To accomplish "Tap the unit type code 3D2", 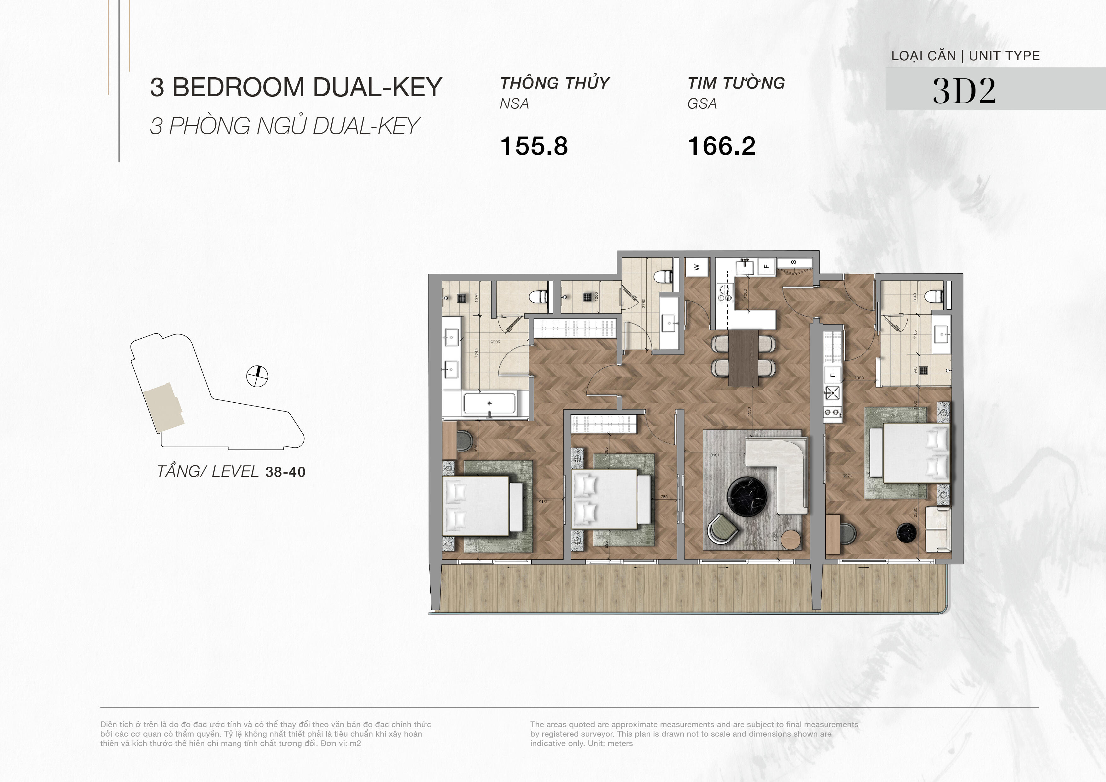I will coord(964,90).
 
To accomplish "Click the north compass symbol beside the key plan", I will coord(257,376).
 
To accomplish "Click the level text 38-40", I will coord(285,472).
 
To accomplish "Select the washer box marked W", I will coord(696,267).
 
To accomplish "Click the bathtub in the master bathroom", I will coord(489,403).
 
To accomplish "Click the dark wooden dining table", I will coord(743,358).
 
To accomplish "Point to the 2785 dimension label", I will coord(643,303).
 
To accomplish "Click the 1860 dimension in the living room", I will coord(714,454).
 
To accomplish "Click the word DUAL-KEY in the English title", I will coord(377,88).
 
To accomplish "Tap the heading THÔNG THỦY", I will coord(555,83).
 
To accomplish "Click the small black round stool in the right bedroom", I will coord(903,532).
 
